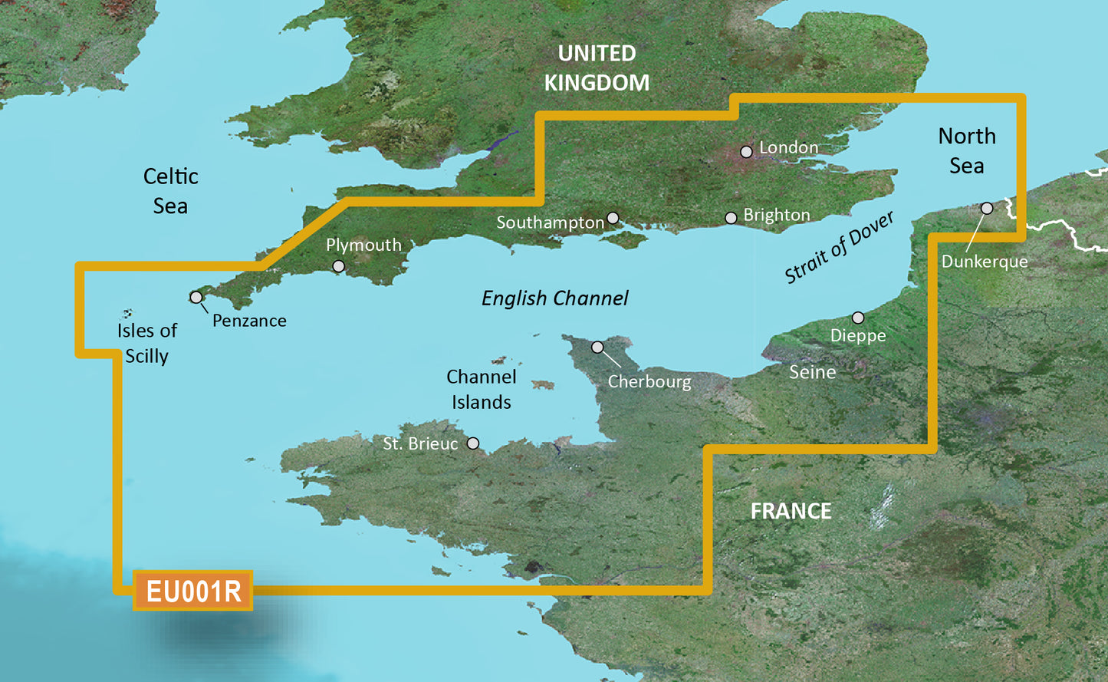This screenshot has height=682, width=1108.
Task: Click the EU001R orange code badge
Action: (x=193, y=591)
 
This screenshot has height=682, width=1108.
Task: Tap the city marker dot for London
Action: (x=746, y=152)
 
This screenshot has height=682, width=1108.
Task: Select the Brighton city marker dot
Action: (x=731, y=219)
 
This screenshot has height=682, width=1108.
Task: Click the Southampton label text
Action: (x=550, y=222)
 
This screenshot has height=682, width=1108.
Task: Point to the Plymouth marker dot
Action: (x=338, y=266)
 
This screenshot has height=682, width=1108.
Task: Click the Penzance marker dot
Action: (x=196, y=297)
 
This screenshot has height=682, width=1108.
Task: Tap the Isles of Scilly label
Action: (x=146, y=343)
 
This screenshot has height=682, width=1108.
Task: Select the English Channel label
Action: (x=554, y=298)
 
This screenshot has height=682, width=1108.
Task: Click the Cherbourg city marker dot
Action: (x=597, y=348)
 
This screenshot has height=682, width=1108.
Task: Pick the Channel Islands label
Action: (x=481, y=389)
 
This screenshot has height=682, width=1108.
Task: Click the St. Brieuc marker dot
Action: (x=473, y=443)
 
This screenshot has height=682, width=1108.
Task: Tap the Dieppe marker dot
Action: (x=858, y=318)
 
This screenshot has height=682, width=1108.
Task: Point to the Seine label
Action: (x=812, y=372)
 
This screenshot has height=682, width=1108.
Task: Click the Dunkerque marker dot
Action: (x=987, y=208)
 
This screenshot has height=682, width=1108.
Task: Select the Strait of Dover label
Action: (x=839, y=247)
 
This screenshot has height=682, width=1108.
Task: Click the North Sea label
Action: (x=967, y=150)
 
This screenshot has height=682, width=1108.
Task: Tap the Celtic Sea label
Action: (x=170, y=191)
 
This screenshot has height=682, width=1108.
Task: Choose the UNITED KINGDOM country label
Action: (x=597, y=68)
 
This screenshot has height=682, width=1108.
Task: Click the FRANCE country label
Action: (x=791, y=511)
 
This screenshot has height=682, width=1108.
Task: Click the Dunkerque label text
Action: (x=985, y=262)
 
